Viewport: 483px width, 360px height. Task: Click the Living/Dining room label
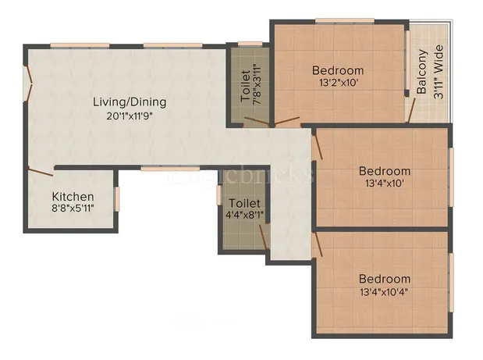tap(130, 102)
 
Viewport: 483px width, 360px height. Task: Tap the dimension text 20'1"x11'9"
tap(130, 115)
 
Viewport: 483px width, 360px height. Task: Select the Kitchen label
tap(73, 197)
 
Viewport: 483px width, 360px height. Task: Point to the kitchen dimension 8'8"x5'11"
tap(73, 209)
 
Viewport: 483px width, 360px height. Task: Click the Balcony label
tap(422, 73)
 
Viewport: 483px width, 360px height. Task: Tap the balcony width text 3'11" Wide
tap(439, 73)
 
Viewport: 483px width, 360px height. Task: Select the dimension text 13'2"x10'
tap(337, 82)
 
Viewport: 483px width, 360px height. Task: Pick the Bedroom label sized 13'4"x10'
tap(384, 171)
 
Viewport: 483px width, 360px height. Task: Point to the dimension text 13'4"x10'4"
tap(384, 292)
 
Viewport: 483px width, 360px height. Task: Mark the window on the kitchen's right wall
tap(118, 198)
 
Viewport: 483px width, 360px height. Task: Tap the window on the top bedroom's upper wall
tap(338, 21)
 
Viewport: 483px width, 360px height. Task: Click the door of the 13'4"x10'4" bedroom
tap(318, 245)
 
